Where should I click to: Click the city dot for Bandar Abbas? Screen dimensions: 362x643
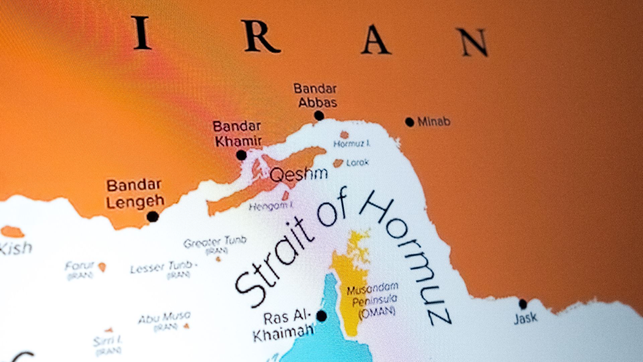pyautogui.click(x=319, y=116)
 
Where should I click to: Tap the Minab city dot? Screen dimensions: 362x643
pyautogui.click(x=410, y=122)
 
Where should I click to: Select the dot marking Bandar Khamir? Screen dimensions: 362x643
pyautogui.click(x=241, y=155)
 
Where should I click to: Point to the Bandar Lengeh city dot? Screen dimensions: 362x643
pyautogui.click(x=153, y=217)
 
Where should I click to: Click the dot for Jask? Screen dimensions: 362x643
pyautogui.click(x=523, y=304)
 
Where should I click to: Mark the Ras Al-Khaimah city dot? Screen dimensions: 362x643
pyautogui.click(x=321, y=316)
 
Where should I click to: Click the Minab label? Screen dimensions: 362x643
pyautogui.click(x=434, y=122)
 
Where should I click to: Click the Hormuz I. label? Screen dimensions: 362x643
pyautogui.click(x=352, y=144)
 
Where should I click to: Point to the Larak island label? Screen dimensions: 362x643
pyautogui.click(x=357, y=163)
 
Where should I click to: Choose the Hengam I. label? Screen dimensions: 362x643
pyautogui.click(x=271, y=206)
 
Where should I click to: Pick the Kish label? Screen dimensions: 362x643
pyautogui.click(x=16, y=248)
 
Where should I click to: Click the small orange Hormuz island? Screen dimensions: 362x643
pyautogui.click(x=344, y=135)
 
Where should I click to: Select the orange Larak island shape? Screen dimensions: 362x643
pyautogui.click(x=338, y=163)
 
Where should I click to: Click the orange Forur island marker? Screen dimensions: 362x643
pyautogui.click(x=102, y=267)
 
